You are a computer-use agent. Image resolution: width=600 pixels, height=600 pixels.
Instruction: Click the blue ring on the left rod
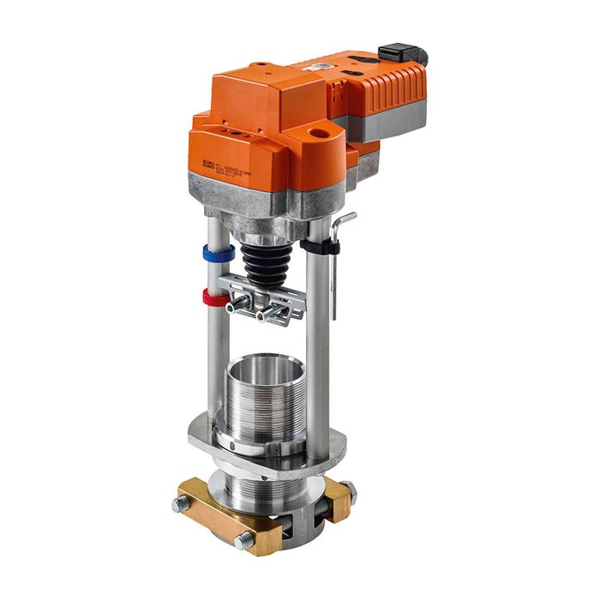pos(219,254)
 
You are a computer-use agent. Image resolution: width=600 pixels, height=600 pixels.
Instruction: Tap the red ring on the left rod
pos(217,298)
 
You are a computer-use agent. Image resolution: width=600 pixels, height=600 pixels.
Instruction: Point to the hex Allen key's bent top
pos(345,219)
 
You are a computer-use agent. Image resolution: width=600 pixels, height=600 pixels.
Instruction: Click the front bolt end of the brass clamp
pos(244,541)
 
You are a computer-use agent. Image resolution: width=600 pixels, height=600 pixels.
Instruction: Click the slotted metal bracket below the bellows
pos(266,296)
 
